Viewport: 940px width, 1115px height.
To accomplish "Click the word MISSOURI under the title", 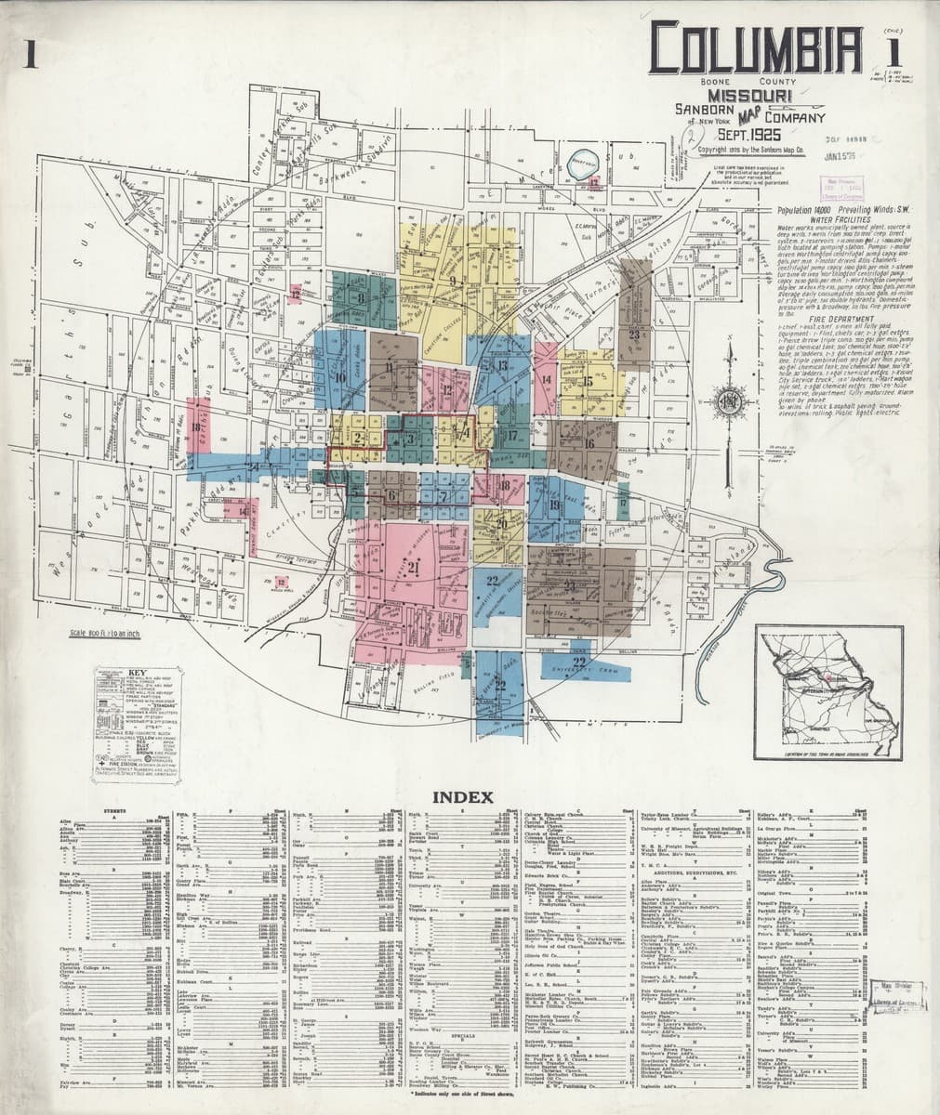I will click(749, 96).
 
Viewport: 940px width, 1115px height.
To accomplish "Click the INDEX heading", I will click(470, 797).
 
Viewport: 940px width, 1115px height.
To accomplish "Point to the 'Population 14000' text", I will click(814, 212).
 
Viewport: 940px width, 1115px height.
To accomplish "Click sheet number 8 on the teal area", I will click(360, 298).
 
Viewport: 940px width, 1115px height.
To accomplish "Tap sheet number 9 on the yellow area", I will click(453, 280).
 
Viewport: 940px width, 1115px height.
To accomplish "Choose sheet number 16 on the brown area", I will click(589, 443).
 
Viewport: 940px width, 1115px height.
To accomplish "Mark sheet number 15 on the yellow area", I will click(588, 381).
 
